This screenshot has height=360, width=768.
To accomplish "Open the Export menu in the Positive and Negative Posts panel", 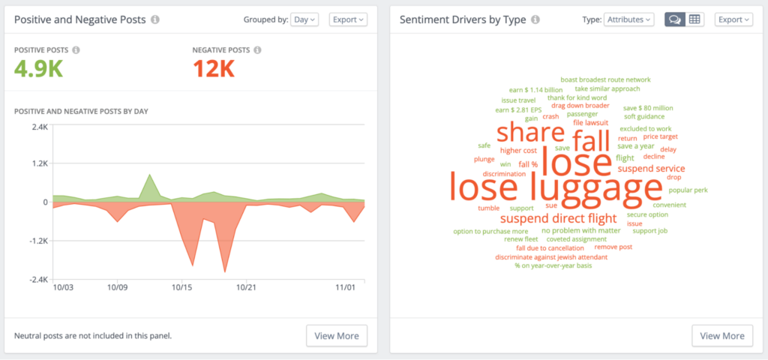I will [348, 19].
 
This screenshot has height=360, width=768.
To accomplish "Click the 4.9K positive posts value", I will [38, 70].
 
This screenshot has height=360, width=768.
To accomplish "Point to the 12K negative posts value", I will [214, 70].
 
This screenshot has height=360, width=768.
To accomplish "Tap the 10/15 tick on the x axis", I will [182, 286].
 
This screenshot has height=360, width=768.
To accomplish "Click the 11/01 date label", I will [345, 286].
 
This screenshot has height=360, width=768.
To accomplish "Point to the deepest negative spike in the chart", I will [224, 271].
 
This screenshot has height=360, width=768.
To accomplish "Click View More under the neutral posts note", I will [337, 335].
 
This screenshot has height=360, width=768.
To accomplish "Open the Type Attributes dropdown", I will [628, 19].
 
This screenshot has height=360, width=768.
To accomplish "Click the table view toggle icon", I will [694, 19].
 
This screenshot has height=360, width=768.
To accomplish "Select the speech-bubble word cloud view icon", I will [674, 19].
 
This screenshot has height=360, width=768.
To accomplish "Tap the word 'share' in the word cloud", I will [530, 133].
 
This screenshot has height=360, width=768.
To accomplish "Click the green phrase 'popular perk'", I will [688, 190].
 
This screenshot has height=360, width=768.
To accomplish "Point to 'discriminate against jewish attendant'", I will [551, 257].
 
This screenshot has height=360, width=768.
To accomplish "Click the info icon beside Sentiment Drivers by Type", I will [535, 19].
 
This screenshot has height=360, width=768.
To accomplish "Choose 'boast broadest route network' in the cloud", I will [605, 79].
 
